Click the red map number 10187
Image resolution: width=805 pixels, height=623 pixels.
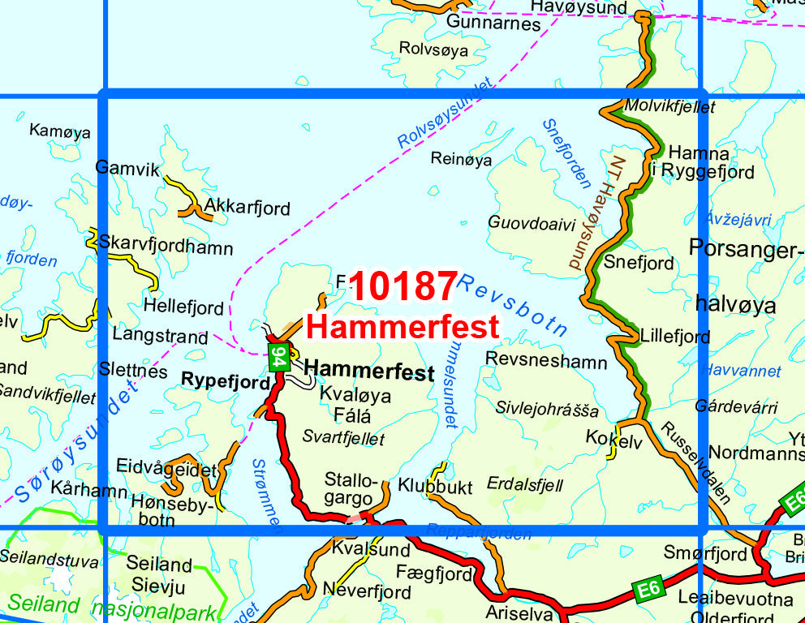pos(404,287)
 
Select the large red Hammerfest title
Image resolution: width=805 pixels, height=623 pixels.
pos(403,328)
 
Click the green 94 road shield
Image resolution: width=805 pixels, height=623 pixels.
pos(278,357)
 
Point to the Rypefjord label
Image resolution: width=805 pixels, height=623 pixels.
pos(224,379)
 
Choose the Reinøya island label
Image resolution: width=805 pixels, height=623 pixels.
pos(461,160)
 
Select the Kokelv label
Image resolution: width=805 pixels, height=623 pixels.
pos(613,440)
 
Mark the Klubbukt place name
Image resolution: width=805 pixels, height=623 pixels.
pos(435,487)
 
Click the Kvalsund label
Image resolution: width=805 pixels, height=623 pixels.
pos(359,549)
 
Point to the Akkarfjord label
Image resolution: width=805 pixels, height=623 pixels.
pos(247,208)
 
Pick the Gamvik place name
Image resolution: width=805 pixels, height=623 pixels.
pos(123,167)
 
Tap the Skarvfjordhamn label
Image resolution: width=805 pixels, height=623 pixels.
pos(166,247)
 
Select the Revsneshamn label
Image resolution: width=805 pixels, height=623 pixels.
pos(545,360)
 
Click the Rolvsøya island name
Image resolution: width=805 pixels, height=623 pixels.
pos(433,49)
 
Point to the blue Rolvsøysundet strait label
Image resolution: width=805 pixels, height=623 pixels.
pos(446,113)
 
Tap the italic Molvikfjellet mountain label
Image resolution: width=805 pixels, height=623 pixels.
pos(669,106)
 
